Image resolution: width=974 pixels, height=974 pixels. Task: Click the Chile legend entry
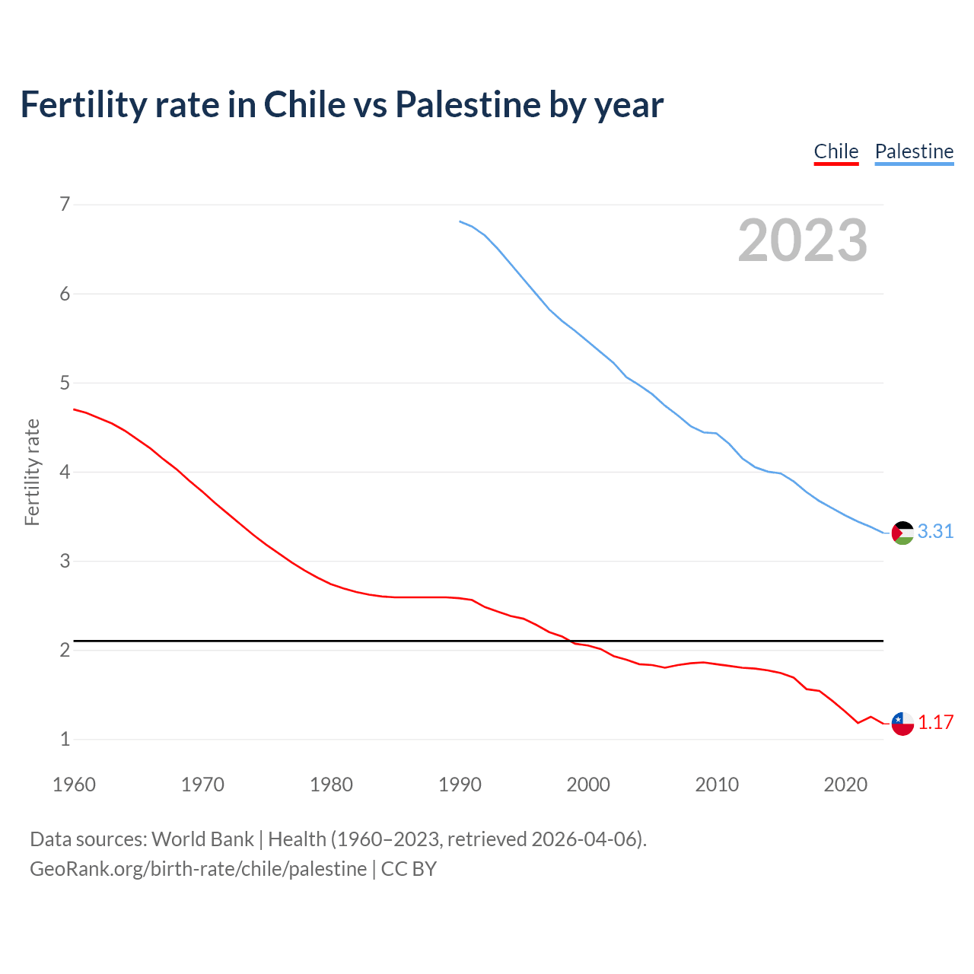[836, 151]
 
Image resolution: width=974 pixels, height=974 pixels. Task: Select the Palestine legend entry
[914, 151]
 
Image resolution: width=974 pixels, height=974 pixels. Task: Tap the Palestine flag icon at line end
[902, 533]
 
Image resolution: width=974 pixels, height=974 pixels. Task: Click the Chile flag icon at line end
[902, 724]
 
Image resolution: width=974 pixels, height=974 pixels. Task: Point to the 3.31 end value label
[935, 531]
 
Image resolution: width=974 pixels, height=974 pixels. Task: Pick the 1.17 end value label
[935, 722]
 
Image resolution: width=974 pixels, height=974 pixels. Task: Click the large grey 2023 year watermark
[802, 240]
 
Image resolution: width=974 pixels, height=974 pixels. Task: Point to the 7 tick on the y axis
[65, 204]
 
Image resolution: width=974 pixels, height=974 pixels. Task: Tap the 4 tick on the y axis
[65, 472]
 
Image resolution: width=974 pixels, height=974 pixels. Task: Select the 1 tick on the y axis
[65, 739]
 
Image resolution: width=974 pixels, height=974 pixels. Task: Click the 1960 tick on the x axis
[74, 785]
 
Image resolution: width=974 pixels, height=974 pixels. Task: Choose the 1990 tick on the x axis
[460, 785]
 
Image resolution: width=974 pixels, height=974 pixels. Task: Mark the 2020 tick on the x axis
[845, 785]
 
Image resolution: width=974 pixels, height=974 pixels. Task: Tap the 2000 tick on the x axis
[588, 785]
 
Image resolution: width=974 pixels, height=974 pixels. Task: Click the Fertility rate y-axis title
[32, 472]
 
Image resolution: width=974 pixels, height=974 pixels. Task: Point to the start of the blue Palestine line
[460, 221]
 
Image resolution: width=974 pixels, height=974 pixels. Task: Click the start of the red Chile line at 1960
[75, 409]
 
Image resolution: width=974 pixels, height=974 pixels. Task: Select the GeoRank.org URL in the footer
[198, 868]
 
